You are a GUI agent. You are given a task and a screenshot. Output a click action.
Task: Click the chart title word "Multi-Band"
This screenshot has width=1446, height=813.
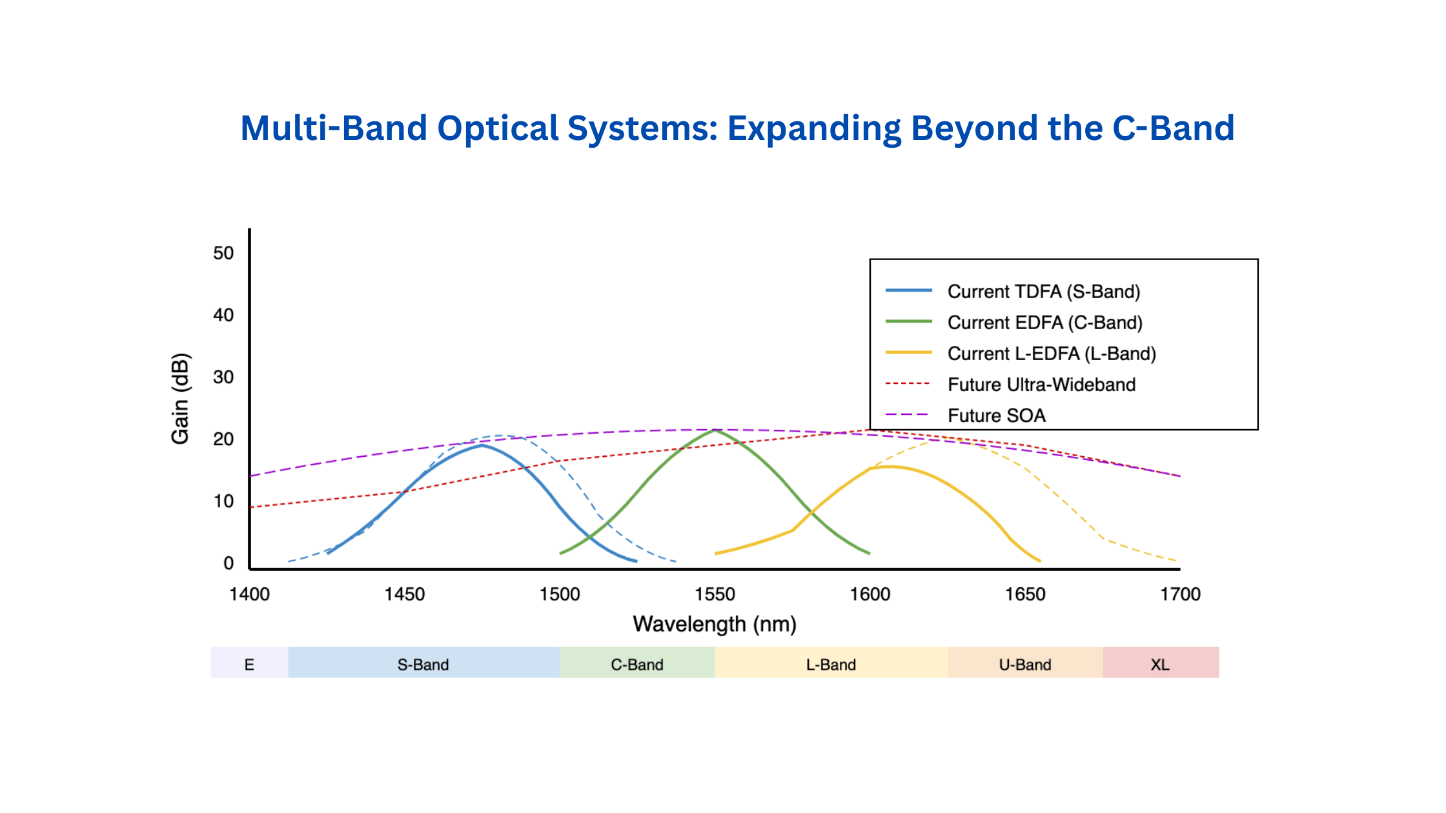pos(334,128)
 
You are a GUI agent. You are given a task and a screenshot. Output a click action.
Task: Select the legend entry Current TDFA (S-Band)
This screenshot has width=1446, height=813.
pos(1044,292)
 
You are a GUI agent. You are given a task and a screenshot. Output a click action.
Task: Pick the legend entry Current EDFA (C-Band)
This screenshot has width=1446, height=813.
pos(1045,323)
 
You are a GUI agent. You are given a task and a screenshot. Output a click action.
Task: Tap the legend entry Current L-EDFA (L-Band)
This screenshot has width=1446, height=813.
pos(1052,354)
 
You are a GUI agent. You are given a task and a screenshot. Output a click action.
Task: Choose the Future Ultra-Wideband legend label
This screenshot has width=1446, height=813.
pos(1041,385)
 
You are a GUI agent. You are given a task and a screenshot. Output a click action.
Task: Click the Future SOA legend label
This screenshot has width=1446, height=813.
pos(997,416)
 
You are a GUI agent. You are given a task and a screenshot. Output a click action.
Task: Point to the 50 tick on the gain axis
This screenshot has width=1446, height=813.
pos(223,253)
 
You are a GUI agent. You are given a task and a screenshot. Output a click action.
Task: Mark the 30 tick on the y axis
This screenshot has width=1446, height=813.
pos(223,377)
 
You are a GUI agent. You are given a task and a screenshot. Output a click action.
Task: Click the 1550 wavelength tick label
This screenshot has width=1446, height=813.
pos(715,594)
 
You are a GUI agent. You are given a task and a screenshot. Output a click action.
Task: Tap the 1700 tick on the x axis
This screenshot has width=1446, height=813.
pos(1180,594)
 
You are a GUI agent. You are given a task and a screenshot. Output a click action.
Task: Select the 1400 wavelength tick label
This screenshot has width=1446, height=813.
pos(250,594)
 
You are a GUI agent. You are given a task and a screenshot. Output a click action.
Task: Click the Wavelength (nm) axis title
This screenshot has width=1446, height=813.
pos(715,624)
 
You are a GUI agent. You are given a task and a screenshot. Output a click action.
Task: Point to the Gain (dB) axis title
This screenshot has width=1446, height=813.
pos(180,399)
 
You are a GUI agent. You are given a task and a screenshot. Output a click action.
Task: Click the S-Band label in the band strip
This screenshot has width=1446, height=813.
pos(423,665)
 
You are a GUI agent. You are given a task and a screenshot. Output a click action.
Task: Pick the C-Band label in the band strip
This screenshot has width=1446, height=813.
pos(637,665)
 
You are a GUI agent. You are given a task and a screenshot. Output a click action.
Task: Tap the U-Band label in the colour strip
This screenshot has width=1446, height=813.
pos(1025,665)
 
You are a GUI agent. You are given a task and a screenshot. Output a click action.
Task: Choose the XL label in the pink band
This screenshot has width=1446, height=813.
pos(1160,665)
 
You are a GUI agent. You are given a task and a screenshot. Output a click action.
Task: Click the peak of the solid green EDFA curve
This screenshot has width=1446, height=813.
pos(715,430)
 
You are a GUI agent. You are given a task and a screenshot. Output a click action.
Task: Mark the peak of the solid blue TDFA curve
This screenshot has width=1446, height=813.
pos(482,445)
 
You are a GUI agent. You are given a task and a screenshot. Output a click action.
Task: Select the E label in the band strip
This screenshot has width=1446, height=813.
pos(249,665)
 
